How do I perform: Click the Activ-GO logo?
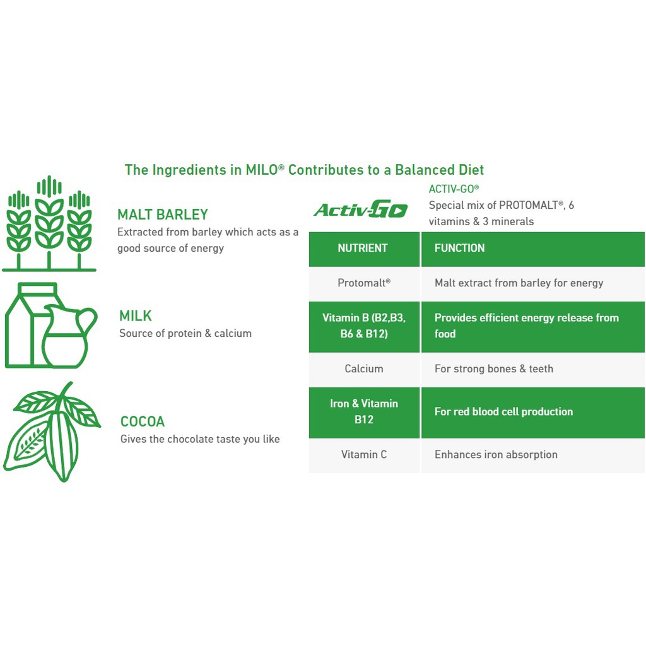click(361, 209)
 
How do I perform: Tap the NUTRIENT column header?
click(363, 248)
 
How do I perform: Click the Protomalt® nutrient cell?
click(364, 283)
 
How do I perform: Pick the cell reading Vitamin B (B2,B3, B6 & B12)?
click(364, 326)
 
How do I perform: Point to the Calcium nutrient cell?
click(364, 368)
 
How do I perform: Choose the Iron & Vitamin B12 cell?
click(364, 411)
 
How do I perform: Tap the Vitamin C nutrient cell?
click(364, 454)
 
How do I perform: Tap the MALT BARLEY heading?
click(163, 214)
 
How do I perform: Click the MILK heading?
click(136, 315)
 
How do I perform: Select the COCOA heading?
click(143, 421)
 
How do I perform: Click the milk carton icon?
click(25, 325)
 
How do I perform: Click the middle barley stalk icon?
click(49, 221)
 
